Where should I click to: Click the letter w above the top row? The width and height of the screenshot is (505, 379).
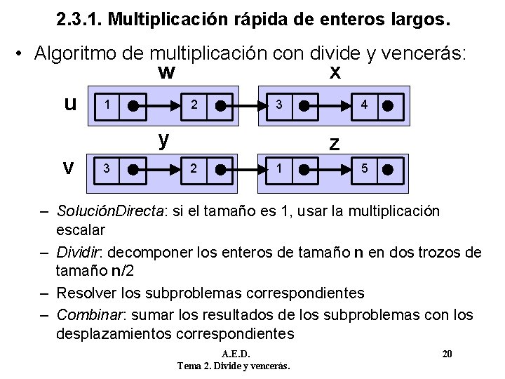166,72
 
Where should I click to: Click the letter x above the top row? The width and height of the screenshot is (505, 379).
335,72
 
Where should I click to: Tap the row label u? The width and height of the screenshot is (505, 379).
70,105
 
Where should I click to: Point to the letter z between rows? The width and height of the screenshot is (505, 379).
335,143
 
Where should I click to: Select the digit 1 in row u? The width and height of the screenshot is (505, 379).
106,105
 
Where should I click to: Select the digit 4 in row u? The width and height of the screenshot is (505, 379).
363,105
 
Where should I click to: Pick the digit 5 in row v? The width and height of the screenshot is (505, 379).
363,168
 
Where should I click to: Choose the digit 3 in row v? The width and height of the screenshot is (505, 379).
106,168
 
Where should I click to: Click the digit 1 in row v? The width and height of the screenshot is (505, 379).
279,168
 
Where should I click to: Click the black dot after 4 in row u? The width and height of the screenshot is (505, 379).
389,105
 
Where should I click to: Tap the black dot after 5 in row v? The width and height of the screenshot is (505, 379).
389,169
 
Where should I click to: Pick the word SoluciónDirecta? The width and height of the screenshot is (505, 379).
109,211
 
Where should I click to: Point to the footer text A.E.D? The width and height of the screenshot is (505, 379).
235,353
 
